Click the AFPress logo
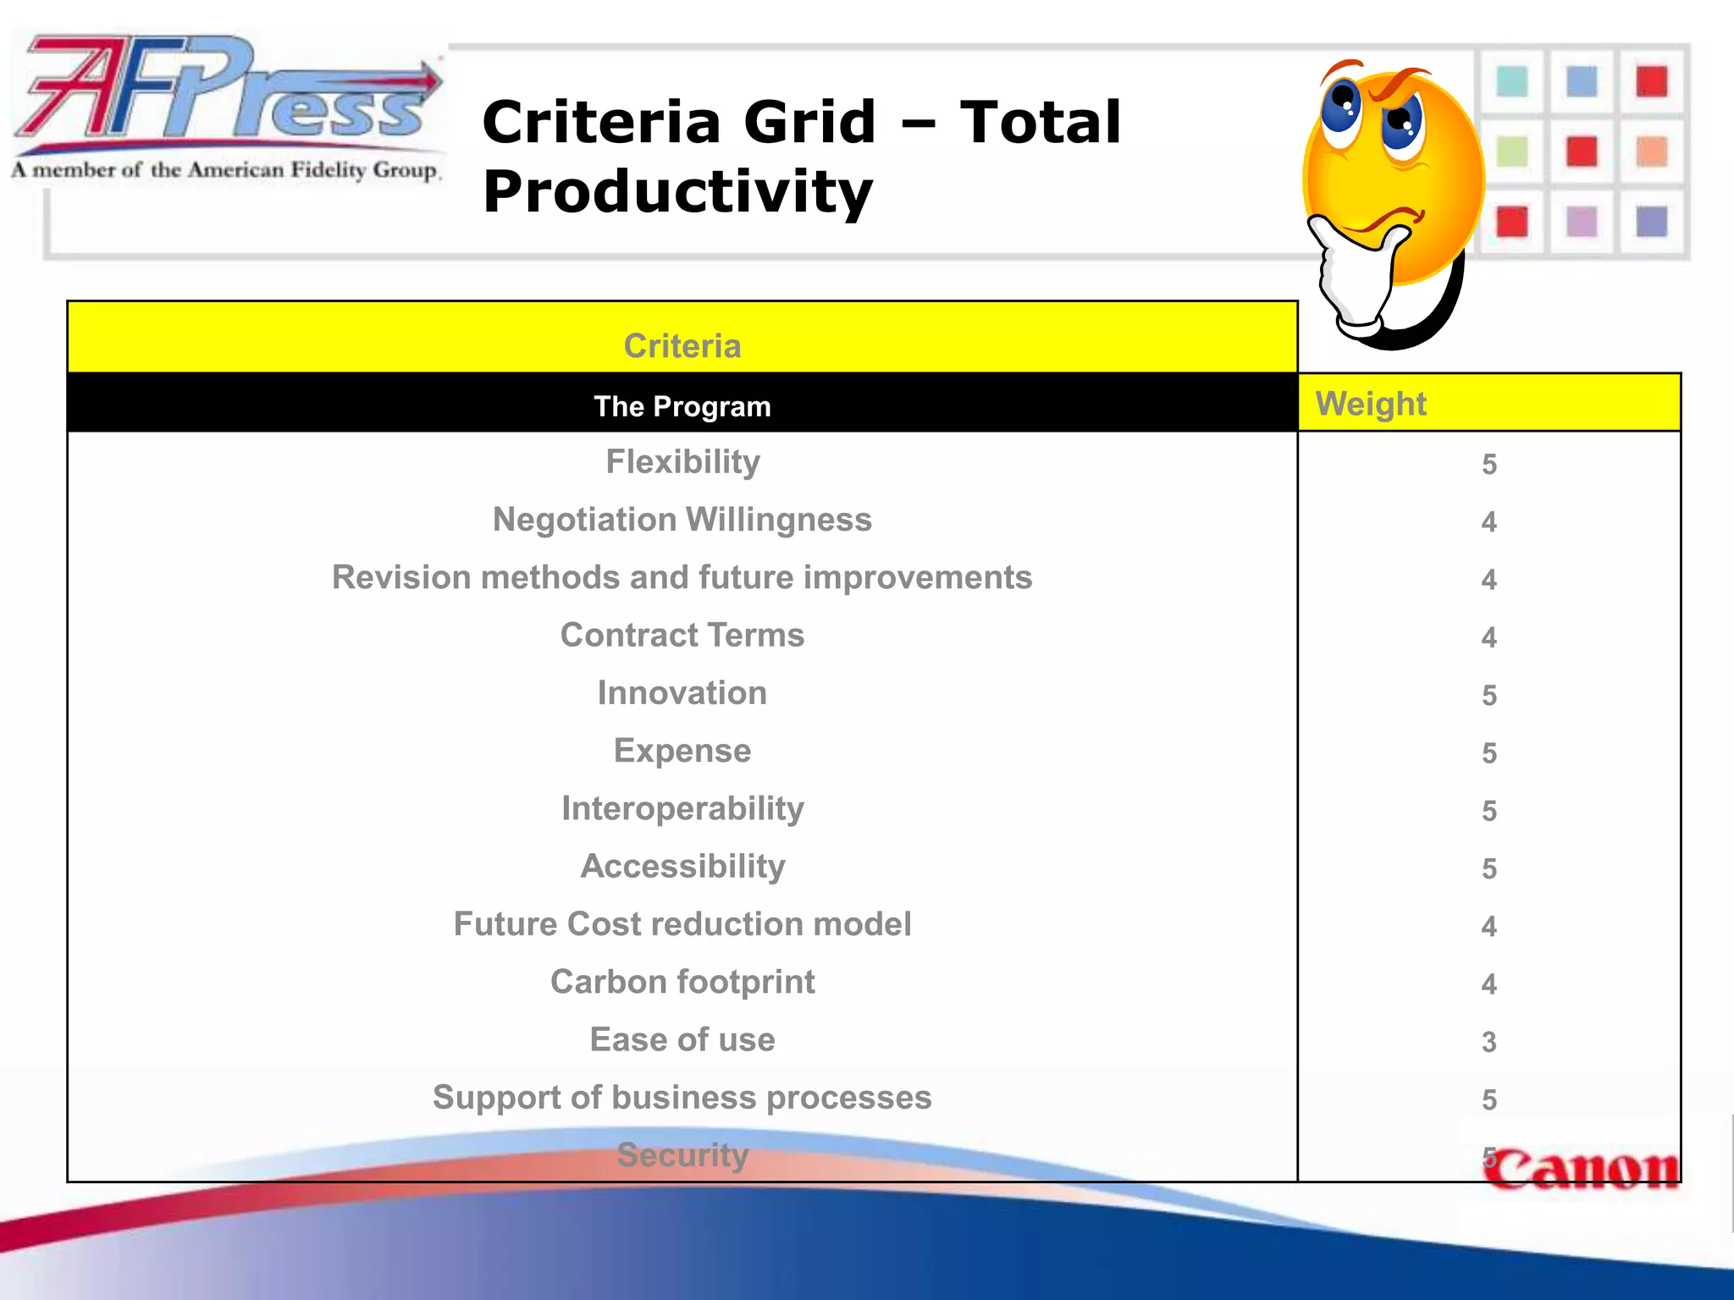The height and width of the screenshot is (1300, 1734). click(x=227, y=106)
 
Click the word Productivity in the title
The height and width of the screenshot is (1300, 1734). click(x=677, y=192)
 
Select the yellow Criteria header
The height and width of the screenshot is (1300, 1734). click(x=682, y=345)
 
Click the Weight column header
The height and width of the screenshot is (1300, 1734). click(x=1371, y=404)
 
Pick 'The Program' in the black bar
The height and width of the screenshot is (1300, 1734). click(x=682, y=406)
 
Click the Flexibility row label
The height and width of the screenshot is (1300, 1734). click(x=682, y=462)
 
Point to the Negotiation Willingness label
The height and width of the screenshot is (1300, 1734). click(x=682, y=520)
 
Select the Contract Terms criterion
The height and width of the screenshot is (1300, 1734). click(x=682, y=636)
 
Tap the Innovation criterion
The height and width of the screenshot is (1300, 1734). click(x=682, y=693)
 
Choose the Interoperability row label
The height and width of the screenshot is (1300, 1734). click(x=682, y=809)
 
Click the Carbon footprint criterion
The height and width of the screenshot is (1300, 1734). click(x=682, y=982)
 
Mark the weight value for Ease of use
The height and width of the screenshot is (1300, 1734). click(x=1489, y=1042)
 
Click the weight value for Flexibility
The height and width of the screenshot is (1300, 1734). click(x=1489, y=465)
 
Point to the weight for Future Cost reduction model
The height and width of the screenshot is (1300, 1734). click(x=1489, y=927)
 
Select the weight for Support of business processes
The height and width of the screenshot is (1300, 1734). click(x=1489, y=1099)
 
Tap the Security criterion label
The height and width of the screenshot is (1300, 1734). click(x=682, y=1155)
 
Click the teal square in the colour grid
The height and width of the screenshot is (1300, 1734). click(x=1512, y=82)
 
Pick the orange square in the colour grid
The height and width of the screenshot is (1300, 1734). click(x=1651, y=152)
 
